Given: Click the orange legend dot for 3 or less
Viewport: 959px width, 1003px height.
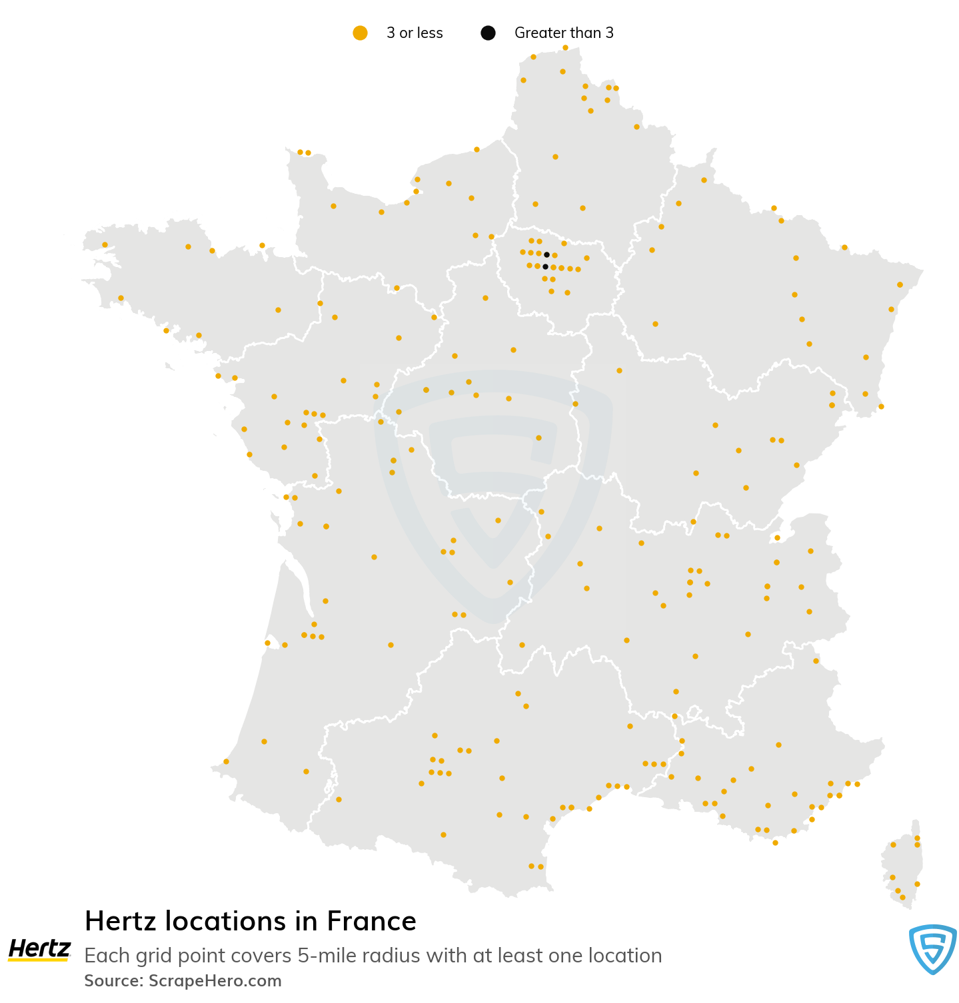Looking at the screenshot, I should pos(360,33).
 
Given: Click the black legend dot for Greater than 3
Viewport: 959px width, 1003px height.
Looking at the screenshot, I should pos(488,33).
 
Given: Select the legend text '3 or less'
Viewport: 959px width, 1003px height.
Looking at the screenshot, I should pos(415,33).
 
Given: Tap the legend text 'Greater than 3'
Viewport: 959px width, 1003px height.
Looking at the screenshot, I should pos(564,33).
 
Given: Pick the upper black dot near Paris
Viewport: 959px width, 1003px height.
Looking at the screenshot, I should pos(546,254).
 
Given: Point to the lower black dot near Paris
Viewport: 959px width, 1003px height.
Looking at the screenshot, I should pos(545,266).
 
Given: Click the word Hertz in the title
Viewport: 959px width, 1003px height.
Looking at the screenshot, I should pos(121,922).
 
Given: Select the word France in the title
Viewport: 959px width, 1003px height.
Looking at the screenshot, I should pos(371,922).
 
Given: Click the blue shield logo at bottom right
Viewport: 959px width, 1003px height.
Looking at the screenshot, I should pos(933,948).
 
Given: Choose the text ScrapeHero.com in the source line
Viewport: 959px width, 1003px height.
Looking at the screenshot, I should pos(215,981).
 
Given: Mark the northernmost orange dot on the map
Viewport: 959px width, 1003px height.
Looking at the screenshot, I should pos(565,47).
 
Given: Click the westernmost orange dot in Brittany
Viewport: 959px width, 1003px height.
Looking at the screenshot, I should pos(105,244).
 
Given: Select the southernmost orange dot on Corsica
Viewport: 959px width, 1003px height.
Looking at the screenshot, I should pos(902,897).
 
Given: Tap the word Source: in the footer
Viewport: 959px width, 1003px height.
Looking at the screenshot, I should pos(113,981).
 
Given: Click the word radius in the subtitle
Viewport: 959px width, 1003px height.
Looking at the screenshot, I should pos(391,956).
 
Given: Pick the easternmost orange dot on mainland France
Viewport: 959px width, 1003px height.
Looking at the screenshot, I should pos(900,284).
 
